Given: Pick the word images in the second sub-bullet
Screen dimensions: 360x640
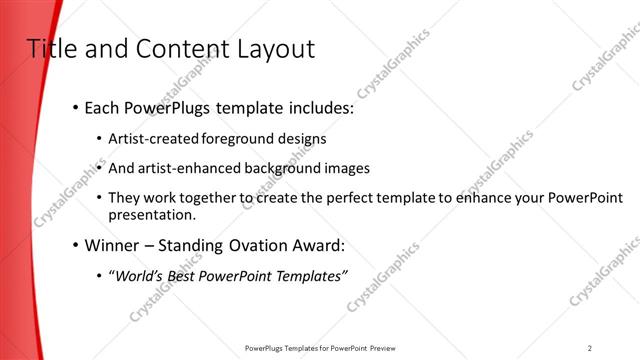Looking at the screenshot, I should coord(347,168).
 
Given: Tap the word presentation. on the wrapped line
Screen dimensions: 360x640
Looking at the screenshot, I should coord(152,214).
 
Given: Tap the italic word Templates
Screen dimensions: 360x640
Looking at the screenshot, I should coord(311,275).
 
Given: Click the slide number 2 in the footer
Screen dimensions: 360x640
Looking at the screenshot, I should coord(590,347).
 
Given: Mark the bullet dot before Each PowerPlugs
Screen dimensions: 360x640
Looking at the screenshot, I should coord(76,108).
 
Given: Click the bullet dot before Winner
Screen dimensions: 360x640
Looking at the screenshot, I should coord(76,245).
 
